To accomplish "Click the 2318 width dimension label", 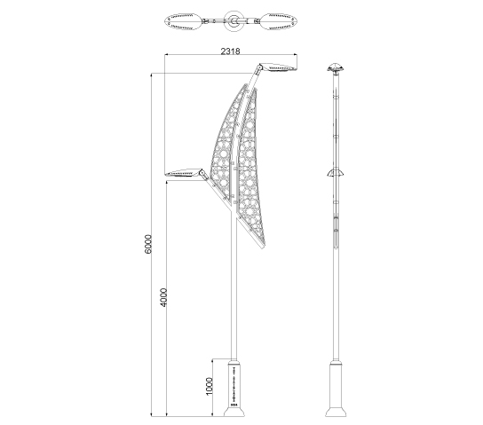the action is (x=230, y=51).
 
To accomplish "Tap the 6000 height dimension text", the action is (x=148, y=244).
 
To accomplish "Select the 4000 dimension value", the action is (x=163, y=297).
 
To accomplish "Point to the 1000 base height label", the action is (x=210, y=386).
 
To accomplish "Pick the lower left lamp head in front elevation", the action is (x=182, y=173).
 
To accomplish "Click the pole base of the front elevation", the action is (x=234, y=389).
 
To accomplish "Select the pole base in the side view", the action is (x=336, y=389).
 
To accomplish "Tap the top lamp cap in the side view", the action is (x=336, y=67).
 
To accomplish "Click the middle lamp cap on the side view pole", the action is (x=336, y=173).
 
